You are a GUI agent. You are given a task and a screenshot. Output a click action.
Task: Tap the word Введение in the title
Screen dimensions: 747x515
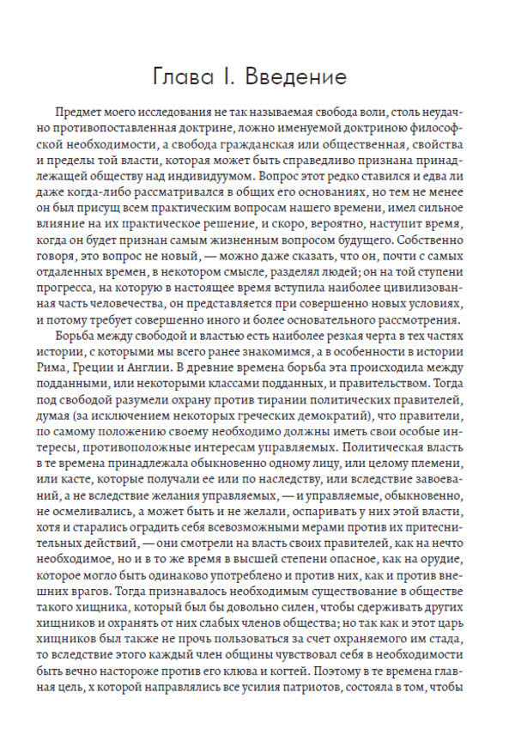(x=295, y=76)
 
